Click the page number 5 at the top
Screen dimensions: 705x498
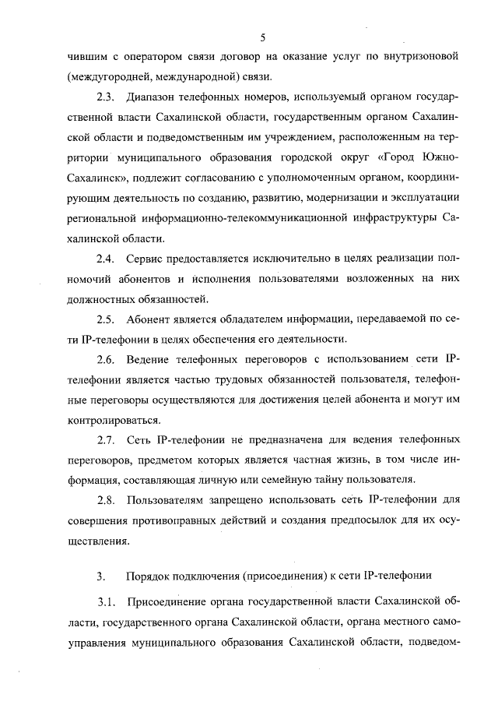click(x=263, y=37)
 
